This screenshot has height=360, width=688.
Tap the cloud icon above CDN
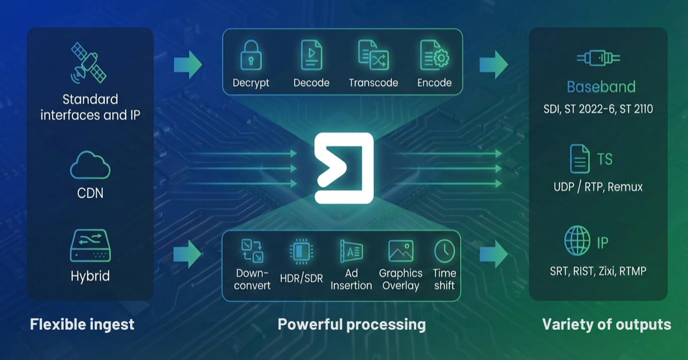[90, 166]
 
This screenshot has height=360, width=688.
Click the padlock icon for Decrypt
[251, 55]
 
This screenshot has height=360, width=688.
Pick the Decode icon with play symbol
[311, 55]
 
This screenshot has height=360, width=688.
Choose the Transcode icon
[373, 55]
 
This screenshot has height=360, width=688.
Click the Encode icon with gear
[434, 55]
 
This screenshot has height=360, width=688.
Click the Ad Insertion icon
[350, 251]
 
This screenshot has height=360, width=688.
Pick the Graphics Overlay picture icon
[400, 251]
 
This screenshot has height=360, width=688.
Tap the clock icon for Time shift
[444, 251]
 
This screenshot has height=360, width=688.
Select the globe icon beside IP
[577, 241]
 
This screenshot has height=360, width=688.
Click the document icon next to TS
[579, 159]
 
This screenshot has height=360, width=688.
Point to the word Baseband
[601, 87]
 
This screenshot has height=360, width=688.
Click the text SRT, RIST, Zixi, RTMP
[597, 270]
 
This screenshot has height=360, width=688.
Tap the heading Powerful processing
[351, 324]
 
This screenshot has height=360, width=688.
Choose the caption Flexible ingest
[82, 324]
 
